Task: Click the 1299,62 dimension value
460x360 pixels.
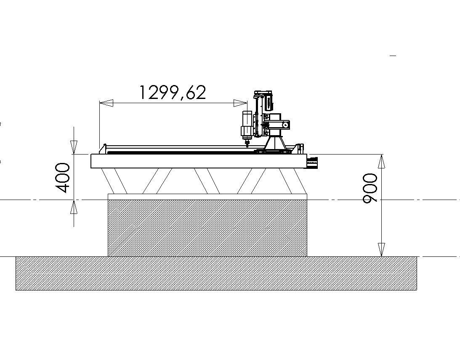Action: click(173, 92)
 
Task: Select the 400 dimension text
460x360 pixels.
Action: click(62, 178)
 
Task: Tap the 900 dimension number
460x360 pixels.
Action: click(370, 188)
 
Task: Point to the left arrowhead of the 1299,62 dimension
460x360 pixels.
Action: click(106, 103)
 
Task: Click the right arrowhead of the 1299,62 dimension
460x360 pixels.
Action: click(240, 103)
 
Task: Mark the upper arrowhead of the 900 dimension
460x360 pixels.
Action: click(381, 161)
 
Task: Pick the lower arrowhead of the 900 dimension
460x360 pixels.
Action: click(381, 250)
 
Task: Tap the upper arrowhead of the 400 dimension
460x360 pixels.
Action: click(74, 147)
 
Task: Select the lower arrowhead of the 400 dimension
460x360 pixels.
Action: click(74, 207)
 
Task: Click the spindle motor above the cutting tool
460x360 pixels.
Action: click(247, 125)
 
